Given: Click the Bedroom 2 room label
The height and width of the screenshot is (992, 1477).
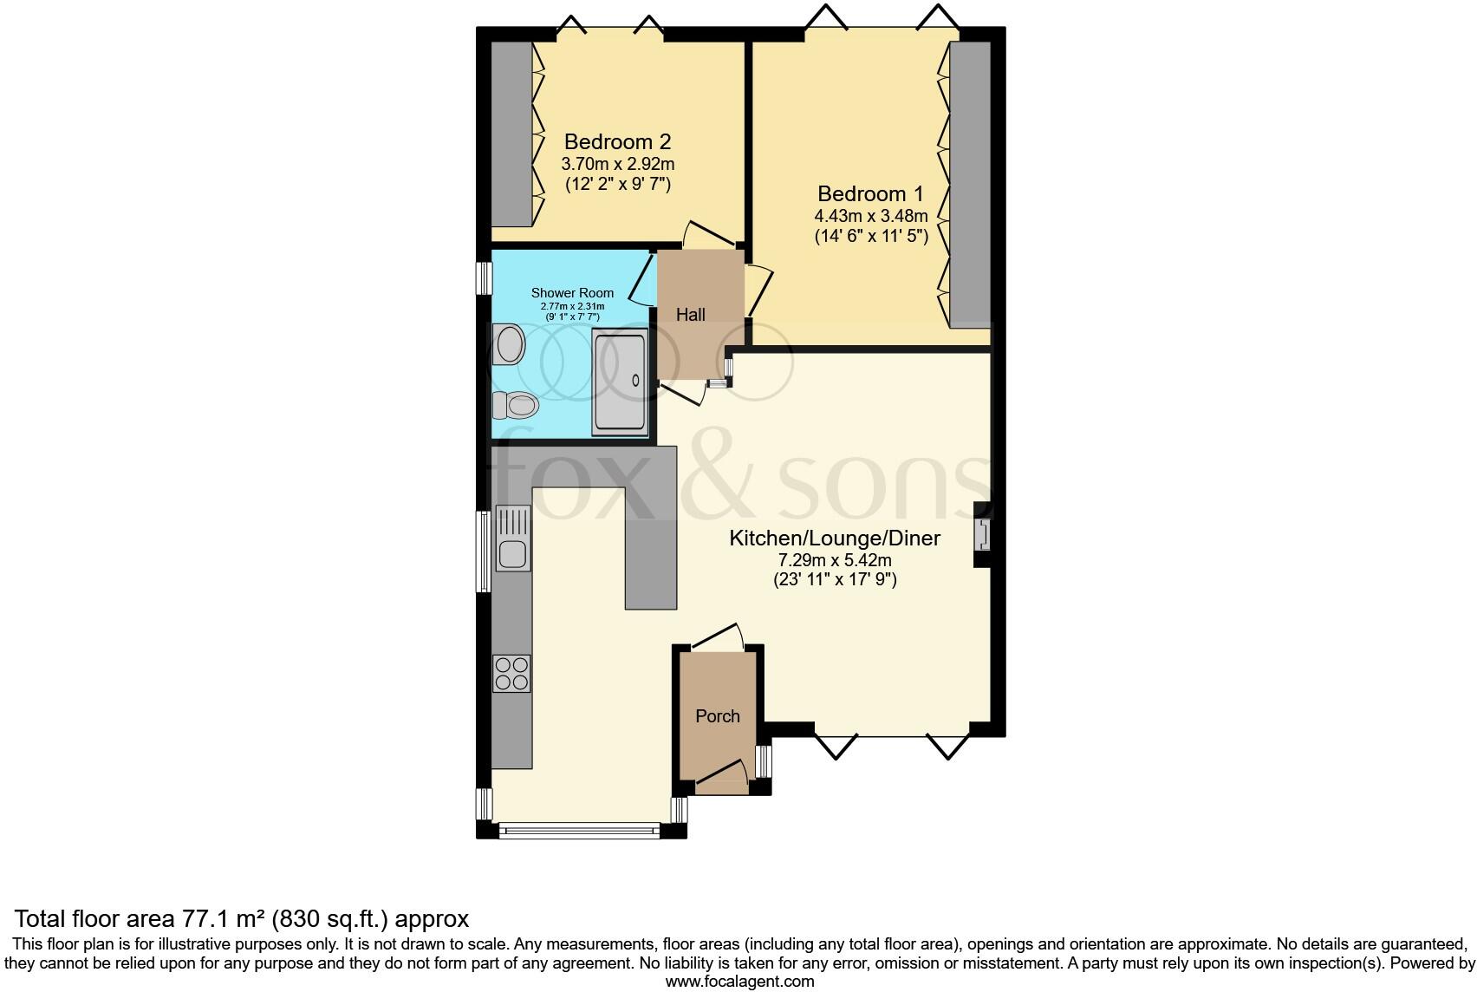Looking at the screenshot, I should coord(617,141).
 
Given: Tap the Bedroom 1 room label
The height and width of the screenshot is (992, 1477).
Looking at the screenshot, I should coord(870,193).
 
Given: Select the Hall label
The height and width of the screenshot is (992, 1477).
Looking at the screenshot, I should coord(691,315).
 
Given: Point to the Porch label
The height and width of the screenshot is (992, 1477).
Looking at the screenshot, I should coord(718,716).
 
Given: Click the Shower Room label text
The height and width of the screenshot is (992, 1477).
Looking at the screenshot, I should coord(572,293).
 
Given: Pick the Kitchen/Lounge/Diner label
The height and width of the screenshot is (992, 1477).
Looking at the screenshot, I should coord(835,538).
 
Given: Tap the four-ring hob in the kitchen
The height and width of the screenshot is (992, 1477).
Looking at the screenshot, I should coord(512,673).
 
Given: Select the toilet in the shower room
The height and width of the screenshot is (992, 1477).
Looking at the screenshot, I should coord(517,404).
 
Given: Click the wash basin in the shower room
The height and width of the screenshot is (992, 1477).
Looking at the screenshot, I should coord(509,344).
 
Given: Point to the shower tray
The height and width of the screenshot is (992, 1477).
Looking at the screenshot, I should coord(619,382).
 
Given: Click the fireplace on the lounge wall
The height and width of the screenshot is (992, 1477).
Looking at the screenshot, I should coord(983,534).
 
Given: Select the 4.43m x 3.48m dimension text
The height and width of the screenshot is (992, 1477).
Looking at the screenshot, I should coord(870,216).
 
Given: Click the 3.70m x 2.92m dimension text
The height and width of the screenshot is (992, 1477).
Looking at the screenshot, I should coord(617,164).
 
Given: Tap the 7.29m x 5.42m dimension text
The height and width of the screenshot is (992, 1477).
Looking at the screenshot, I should coord(835,561).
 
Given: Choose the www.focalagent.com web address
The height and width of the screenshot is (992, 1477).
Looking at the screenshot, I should coord(739,982).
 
